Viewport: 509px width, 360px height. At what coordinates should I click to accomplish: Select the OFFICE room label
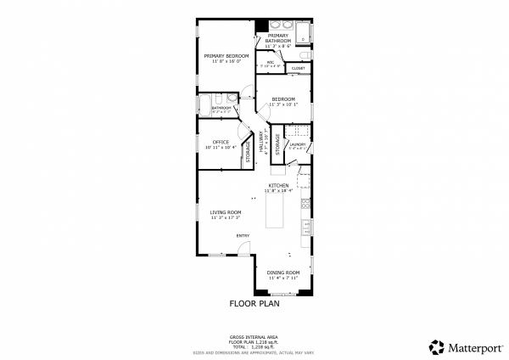(221, 142)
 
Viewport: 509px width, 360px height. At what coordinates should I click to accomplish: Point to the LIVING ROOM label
(226, 212)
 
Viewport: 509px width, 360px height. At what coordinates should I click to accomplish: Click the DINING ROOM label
(283, 273)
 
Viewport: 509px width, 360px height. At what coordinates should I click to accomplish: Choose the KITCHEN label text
(279, 185)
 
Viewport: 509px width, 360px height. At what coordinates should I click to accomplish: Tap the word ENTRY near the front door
(243, 235)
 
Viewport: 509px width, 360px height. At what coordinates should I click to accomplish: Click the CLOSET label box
(298, 68)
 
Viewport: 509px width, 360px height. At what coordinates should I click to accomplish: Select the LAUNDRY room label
(297, 144)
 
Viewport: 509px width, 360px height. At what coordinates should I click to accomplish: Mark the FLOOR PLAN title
(254, 302)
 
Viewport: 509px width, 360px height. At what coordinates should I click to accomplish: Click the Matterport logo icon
(436, 346)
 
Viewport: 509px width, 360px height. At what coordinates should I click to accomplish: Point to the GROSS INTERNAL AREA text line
(254, 336)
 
